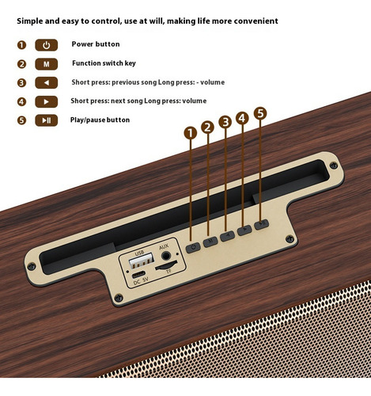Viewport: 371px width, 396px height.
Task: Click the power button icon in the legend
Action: tap(47, 45)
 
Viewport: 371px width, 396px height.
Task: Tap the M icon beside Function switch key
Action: tap(47, 64)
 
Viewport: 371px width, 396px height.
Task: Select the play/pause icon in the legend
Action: tap(47, 120)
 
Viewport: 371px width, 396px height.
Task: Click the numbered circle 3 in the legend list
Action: tap(21, 83)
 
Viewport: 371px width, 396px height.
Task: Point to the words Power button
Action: tap(96, 44)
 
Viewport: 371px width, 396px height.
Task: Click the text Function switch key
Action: tap(104, 63)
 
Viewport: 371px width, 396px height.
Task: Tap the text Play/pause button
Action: tap(100, 120)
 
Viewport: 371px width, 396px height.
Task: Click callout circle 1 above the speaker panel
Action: tap(191, 133)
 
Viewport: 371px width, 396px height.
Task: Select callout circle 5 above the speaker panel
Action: tap(260, 113)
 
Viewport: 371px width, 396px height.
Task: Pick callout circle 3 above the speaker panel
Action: tap(225, 122)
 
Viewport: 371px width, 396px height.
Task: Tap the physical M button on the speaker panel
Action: tap(210, 242)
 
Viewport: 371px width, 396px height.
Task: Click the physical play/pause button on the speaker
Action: tap(262, 224)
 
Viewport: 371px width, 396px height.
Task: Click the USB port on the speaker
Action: tap(142, 261)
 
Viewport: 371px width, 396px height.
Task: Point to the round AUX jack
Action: tap(166, 256)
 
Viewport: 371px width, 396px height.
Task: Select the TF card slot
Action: tap(166, 266)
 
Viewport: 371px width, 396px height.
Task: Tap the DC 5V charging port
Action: tap(138, 275)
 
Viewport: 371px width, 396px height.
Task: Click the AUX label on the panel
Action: tap(164, 247)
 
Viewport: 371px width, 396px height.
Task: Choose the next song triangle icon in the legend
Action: tap(47, 102)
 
